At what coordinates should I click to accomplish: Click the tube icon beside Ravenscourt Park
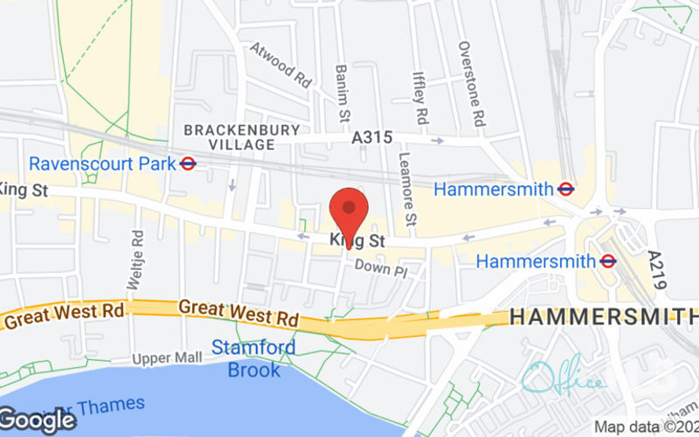[188, 163]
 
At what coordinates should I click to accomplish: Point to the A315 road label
[371, 138]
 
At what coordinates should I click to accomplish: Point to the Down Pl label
[381, 270]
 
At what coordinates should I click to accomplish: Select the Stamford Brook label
[253, 358]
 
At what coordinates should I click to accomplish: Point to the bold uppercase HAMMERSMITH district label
[603, 317]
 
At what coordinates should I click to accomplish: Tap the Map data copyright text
[647, 427]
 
